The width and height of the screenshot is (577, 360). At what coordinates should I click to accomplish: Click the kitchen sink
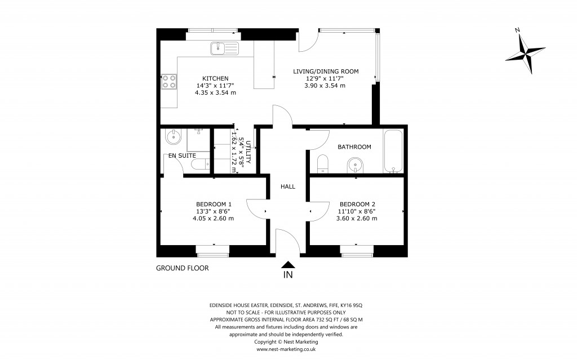tap(224, 48)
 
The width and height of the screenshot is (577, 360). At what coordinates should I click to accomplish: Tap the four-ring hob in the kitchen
tap(168, 83)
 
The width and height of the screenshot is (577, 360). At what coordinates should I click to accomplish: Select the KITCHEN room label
tap(215, 78)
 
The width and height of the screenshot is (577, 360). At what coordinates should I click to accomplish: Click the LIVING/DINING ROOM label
tap(326, 71)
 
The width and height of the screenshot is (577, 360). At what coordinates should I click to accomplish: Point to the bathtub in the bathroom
tap(393, 150)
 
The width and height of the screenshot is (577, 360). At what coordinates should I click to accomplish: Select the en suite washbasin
tap(172, 136)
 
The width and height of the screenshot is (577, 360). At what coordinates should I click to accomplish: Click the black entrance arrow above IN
tap(288, 264)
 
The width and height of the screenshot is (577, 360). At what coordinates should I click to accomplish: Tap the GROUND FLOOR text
tap(182, 268)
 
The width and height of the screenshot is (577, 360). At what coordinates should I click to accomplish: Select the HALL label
tap(288, 186)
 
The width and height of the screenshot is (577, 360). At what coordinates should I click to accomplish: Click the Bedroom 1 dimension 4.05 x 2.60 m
tap(214, 218)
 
